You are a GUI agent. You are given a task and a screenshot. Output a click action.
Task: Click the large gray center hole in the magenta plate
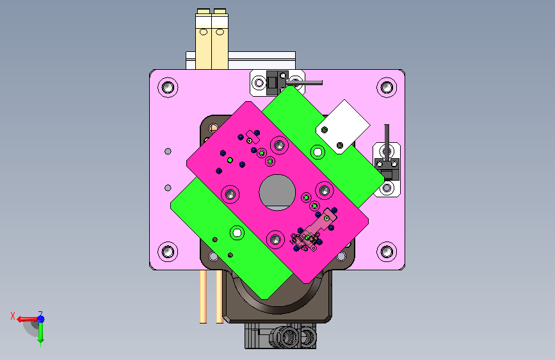277,192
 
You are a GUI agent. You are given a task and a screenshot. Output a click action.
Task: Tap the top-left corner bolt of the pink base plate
168,87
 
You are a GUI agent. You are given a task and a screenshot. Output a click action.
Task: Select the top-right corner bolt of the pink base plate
387,87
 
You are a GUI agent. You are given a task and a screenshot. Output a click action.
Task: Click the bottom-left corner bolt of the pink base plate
168,252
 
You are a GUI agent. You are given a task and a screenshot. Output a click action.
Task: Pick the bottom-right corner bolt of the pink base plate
387,252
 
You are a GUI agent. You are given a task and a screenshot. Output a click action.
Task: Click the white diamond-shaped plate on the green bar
343,126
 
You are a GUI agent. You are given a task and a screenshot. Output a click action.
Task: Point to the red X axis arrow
26,319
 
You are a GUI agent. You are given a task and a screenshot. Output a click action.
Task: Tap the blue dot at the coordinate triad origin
41,319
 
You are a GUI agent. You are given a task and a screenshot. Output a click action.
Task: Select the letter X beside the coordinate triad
13,316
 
